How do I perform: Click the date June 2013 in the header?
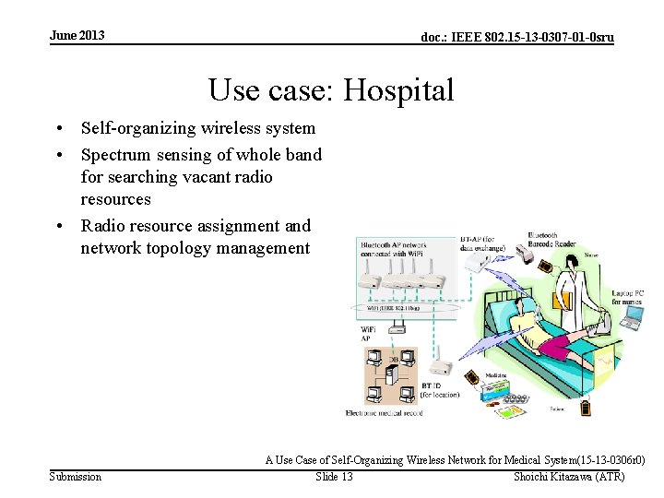[x=77, y=36]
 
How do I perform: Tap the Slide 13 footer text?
[x=334, y=477]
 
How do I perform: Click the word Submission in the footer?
[x=76, y=477]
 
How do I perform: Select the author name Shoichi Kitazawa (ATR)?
[x=569, y=477]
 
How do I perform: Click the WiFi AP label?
[x=367, y=333]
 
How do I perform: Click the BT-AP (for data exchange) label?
[x=480, y=244]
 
